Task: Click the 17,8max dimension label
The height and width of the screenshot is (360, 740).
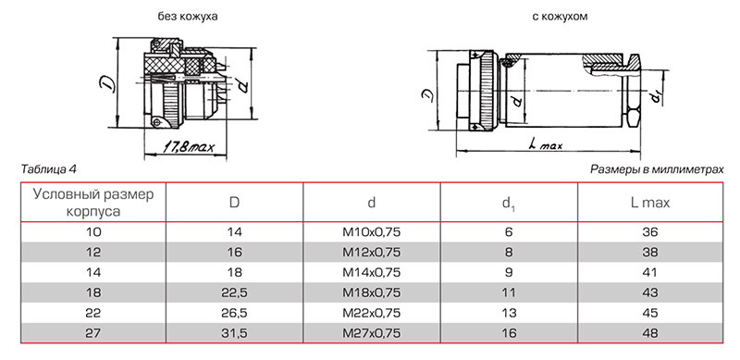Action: (x=189, y=147)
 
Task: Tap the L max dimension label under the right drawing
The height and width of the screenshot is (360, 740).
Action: (x=547, y=145)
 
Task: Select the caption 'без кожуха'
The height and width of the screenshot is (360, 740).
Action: (x=188, y=16)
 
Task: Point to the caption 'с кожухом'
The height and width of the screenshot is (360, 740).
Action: (x=560, y=16)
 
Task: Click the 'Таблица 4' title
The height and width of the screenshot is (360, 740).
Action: (x=49, y=169)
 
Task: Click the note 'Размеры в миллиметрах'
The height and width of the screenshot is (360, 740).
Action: (x=657, y=169)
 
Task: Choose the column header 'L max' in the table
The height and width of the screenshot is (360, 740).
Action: (x=650, y=203)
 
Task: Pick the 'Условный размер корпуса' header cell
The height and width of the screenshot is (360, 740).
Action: (x=93, y=203)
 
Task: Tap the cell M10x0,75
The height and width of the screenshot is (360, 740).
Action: (x=372, y=232)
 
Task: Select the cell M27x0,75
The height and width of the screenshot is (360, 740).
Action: (x=372, y=333)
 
